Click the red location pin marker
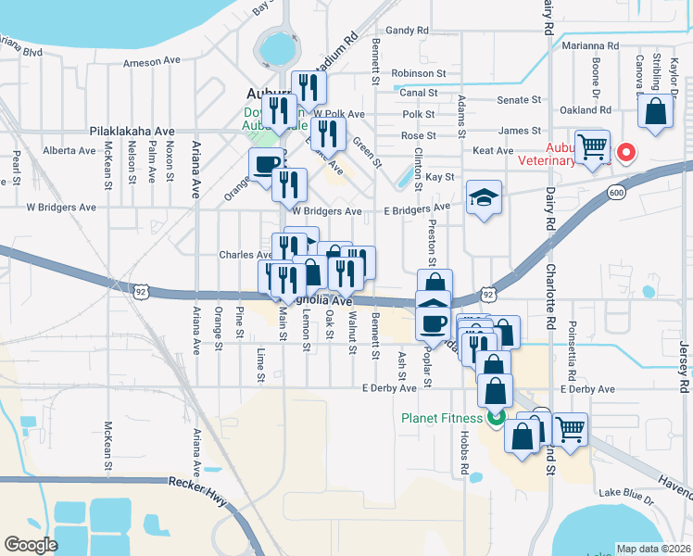(625, 151)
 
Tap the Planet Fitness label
(442, 417)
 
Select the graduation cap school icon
(484, 198)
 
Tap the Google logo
(31, 544)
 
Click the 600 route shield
(616, 192)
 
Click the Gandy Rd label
(407, 31)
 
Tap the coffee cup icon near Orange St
(266, 165)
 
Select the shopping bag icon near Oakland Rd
(655, 113)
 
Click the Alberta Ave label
(70, 150)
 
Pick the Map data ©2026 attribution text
(653, 549)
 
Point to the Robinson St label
(419, 73)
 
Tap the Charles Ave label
(245, 255)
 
